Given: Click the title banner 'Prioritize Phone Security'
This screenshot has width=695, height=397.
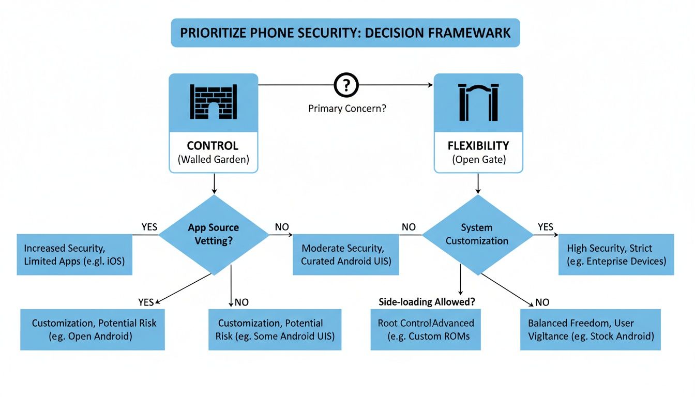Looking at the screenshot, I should pyautogui.click(x=345, y=33).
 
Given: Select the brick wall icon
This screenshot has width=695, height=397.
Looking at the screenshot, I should pyautogui.click(x=213, y=102).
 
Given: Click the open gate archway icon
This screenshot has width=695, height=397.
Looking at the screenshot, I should pyautogui.click(x=478, y=102).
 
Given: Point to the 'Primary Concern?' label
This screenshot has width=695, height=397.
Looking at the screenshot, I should pyautogui.click(x=347, y=109).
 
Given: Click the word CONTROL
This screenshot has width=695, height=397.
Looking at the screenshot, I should pyautogui.click(x=213, y=146).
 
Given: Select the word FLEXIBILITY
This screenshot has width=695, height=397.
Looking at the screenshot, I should pyautogui.click(x=478, y=146).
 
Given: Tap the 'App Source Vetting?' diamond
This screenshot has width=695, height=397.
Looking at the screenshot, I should pyautogui.click(x=214, y=234).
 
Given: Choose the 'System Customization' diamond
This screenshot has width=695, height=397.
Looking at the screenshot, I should pyautogui.click(x=477, y=234).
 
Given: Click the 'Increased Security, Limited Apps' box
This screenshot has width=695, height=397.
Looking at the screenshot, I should pyautogui.click(x=74, y=254).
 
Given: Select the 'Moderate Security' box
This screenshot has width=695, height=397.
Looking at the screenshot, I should pyautogui.click(x=345, y=254).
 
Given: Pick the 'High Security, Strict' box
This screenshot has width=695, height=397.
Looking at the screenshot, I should pyautogui.click(x=616, y=254).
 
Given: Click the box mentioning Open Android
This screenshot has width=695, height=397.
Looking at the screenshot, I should pyautogui.click(x=93, y=329).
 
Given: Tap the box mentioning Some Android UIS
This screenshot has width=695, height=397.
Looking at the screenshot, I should pyautogui.click(x=275, y=329).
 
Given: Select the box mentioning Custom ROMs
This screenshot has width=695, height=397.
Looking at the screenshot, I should pyautogui.click(x=426, y=329).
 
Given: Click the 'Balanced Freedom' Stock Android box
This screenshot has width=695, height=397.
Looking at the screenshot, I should pyautogui.click(x=590, y=329).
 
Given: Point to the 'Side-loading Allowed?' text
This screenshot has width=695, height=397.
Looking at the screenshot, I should pyautogui.click(x=427, y=302).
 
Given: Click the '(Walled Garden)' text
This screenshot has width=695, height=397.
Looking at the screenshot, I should pyautogui.click(x=213, y=160).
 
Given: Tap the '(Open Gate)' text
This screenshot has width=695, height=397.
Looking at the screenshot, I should pyautogui.click(x=478, y=160).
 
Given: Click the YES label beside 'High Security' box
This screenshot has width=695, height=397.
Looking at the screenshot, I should pyautogui.click(x=545, y=227).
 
